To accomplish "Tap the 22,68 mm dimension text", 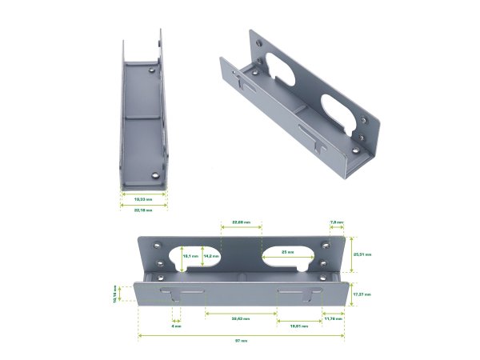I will tap(241, 221).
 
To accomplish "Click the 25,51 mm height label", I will tap(362, 254).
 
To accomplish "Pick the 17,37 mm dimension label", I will tap(362, 294).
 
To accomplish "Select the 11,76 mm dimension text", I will tap(332, 319).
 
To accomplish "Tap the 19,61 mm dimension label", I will tap(298, 326).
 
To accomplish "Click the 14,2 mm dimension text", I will tap(211, 256).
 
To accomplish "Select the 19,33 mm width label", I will tap(144, 198).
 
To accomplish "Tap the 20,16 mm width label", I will tap(144, 210).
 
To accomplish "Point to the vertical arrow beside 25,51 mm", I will tap(351, 254).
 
